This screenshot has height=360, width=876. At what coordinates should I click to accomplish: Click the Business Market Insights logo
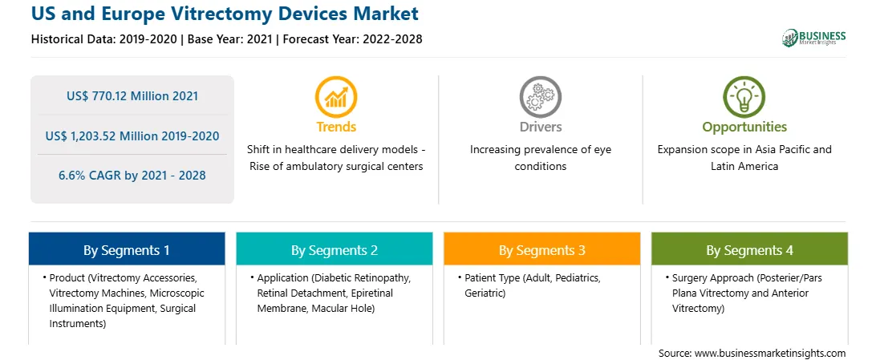813,38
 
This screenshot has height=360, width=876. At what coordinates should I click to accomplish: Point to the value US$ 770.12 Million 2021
132,96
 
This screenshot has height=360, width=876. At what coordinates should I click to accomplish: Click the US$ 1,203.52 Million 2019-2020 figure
132,136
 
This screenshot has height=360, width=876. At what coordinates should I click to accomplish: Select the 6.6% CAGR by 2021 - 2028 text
132,176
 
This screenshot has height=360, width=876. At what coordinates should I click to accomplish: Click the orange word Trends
336,127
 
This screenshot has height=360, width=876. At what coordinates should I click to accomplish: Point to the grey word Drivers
540,127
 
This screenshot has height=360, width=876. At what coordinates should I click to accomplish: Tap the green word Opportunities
744,127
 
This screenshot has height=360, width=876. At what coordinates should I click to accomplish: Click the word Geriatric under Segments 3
485,293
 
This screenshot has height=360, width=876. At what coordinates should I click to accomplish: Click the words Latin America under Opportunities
744,166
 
